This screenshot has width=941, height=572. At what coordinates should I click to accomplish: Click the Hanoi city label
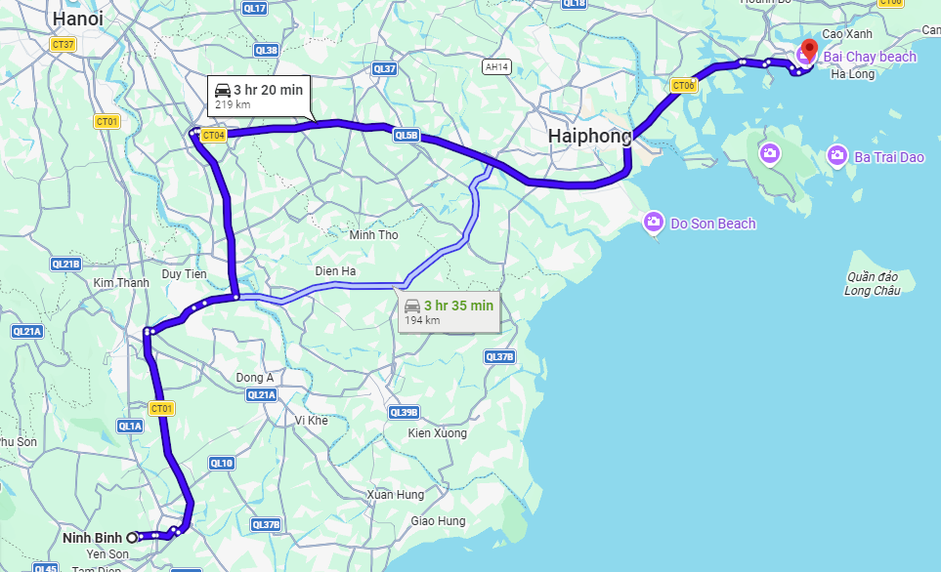tap(78, 19)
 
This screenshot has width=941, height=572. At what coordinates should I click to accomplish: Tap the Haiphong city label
tap(589, 136)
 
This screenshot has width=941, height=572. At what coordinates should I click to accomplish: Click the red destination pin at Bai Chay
tap(809, 49)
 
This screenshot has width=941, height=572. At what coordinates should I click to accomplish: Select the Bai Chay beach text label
tap(870, 57)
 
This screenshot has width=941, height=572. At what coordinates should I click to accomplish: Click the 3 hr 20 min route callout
tap(259, 96)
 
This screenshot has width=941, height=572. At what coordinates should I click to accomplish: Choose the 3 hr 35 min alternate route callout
tap(449, 311)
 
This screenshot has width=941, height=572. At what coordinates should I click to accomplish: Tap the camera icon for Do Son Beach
tap(653, 224)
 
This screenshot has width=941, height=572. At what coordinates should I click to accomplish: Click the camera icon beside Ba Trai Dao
tap(836, 155)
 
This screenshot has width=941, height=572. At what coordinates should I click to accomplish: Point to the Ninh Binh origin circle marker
tap(131, 537)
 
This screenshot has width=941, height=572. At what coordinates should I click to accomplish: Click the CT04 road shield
tap(213, 136)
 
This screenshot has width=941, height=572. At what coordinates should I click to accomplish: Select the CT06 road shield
tap(684, 86)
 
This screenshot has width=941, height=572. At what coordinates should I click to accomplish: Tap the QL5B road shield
tap(406, 136)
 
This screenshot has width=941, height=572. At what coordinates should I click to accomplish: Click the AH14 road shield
tap(496, 66)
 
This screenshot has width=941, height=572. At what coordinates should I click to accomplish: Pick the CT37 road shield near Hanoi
tap(64, 44)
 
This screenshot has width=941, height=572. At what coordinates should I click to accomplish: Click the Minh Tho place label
tap(374, 235)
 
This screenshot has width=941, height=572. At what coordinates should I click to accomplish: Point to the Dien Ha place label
tap(335, 270)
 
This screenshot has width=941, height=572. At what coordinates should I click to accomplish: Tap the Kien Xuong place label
tap(438, 432)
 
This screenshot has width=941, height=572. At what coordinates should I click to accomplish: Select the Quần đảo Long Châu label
tap(871, 283)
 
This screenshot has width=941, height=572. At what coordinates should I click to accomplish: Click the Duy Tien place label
tap(185, 274)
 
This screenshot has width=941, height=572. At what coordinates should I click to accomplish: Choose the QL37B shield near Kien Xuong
tap(499, 357)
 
